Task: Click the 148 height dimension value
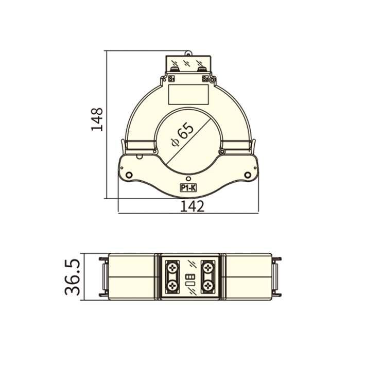click(97, 119)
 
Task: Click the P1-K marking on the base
click(188, 188)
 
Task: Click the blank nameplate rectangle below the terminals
click(188, 94)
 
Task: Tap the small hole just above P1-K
click(188, 179)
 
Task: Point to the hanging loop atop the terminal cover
click(188, 53)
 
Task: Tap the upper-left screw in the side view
click(172, 267)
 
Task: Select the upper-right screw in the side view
click(208, 267)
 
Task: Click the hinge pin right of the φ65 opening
click(221, 152)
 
